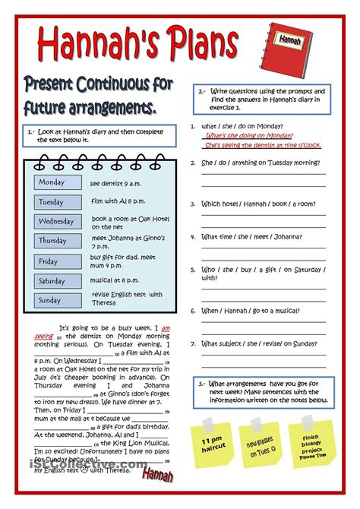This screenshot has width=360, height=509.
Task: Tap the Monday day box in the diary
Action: coord(57,182)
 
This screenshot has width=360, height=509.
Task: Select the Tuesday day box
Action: coord(57,202)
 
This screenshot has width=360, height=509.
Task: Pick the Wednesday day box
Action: coord(57,222)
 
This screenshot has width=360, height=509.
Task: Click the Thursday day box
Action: coord(57,241)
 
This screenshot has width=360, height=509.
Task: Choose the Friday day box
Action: coord(57,261)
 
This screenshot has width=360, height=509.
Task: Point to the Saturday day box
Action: coord(57,281)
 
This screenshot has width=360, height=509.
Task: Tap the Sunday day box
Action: coord(57,300)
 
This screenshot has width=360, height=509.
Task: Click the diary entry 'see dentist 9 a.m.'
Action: coord(116,184)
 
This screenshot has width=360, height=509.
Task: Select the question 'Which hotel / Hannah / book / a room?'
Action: coord(254,204)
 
